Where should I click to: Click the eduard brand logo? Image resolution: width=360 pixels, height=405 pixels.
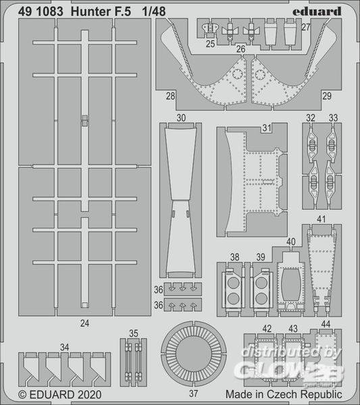pyautogui.click(x=317, y=11)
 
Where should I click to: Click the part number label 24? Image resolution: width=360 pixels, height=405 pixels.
pyautogui.click(x=85, y=323)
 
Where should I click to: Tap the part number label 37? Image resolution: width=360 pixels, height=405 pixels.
pyautogui.click(x=193, y=394)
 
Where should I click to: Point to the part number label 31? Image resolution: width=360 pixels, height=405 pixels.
pyautogui.click(x=267, y=128)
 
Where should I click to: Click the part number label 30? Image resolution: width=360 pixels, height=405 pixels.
pyautogui.click(x=181, y=117)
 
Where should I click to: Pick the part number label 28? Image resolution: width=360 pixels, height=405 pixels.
pyautogui.click(x=171, y=96)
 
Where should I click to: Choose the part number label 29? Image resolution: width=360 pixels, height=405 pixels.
pyautogui.click(x=327, y=96)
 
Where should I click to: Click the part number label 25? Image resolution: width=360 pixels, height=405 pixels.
pyautogui.click(x=210, y=44)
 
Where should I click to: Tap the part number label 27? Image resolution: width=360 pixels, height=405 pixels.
pyautogui.click(x=306, y=27)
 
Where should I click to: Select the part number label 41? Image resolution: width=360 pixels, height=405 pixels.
pyautogui.click(x=321, y=219)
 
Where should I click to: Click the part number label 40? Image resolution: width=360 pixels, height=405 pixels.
pyautogui.click(x=290, y=242)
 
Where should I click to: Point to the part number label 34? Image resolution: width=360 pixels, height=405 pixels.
pyautogui.click(x=64, y=347)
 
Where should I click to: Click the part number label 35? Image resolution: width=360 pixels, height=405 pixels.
pyautogui.click(x=133, y=333)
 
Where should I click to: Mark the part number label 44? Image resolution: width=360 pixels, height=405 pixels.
pyautogui.click(x=326, y=324)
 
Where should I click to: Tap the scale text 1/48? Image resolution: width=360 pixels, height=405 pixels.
pyautogui.click(x=154, y=11)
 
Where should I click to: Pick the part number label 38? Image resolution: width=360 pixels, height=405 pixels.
pyautogui.click(x=234, y=257)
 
